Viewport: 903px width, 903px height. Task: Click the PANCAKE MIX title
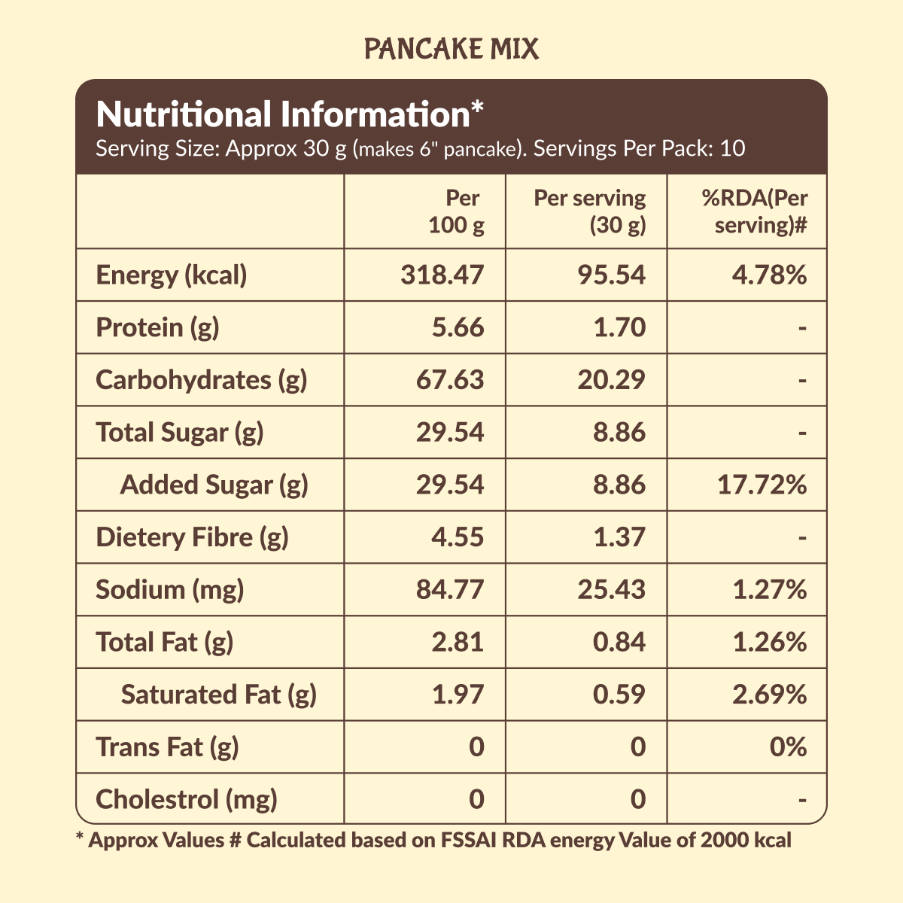(451, 50)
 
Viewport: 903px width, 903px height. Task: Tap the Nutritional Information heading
(290, 115)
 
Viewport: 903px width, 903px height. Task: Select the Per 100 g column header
(456, 211)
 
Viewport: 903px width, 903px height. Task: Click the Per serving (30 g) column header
(589, 211)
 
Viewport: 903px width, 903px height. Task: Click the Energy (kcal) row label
(172, 275)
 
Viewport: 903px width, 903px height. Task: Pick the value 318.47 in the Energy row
(442, 275)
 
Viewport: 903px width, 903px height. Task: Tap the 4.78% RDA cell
(769, 275)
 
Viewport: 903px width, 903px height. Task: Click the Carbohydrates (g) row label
(202, 380)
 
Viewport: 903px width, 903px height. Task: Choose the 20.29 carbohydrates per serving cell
(611, 380)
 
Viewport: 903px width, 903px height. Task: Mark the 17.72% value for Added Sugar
(762, 485)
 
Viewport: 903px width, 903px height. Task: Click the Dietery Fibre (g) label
(193, 537)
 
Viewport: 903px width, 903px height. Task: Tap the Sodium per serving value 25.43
(611, 589)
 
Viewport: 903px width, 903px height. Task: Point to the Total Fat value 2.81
(458, 642)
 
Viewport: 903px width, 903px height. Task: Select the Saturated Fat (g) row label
(218, 695)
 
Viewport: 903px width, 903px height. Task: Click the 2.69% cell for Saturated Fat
(769, 695)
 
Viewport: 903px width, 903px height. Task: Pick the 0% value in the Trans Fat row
(788, 747)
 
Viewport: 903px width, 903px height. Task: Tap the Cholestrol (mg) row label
(187, 799)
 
